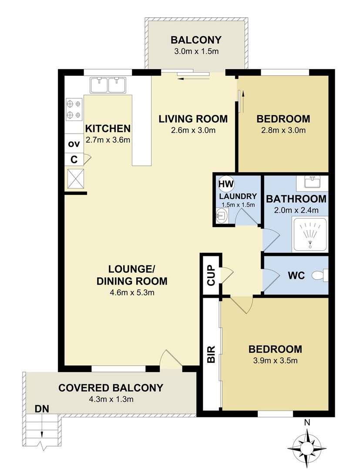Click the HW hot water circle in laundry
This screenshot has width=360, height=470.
tap(225, 184)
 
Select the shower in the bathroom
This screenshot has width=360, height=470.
tap(310, 235)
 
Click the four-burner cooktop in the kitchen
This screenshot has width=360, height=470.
tap(74, 109)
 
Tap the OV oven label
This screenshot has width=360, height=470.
tap(74, 144)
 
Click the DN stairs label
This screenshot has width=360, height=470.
tap(43, 409)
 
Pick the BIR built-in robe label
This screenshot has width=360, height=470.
tap(211, 354)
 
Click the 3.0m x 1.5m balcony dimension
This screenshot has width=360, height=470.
tap(196, 51)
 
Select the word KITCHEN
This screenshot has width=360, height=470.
tap(108, 128)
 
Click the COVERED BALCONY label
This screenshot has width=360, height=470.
tap(111, 387)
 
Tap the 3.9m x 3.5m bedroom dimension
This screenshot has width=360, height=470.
tap(275, 360)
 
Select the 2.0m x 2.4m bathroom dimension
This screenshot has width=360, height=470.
tap(296, 210)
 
